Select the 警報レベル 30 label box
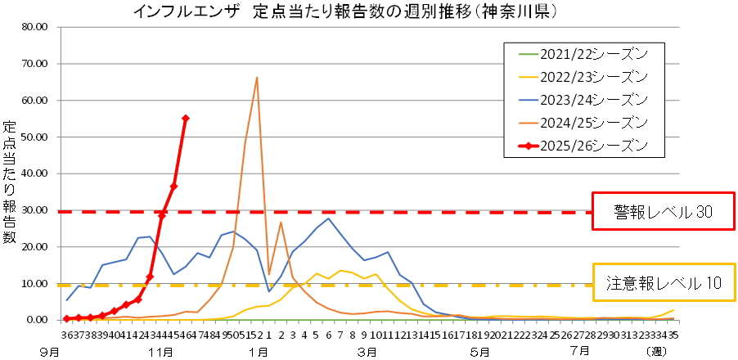pyautogui.click(x=664, y=212)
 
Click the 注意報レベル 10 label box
pyautogui.click(x=664, y=283)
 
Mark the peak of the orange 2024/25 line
pyautogui.click(x=257, y=78)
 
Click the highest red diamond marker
pyautogui.click(x=186, y=119)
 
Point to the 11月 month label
pyautogui.click(x=162, y=352)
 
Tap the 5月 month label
pyautogui.click(x=480, y=352)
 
